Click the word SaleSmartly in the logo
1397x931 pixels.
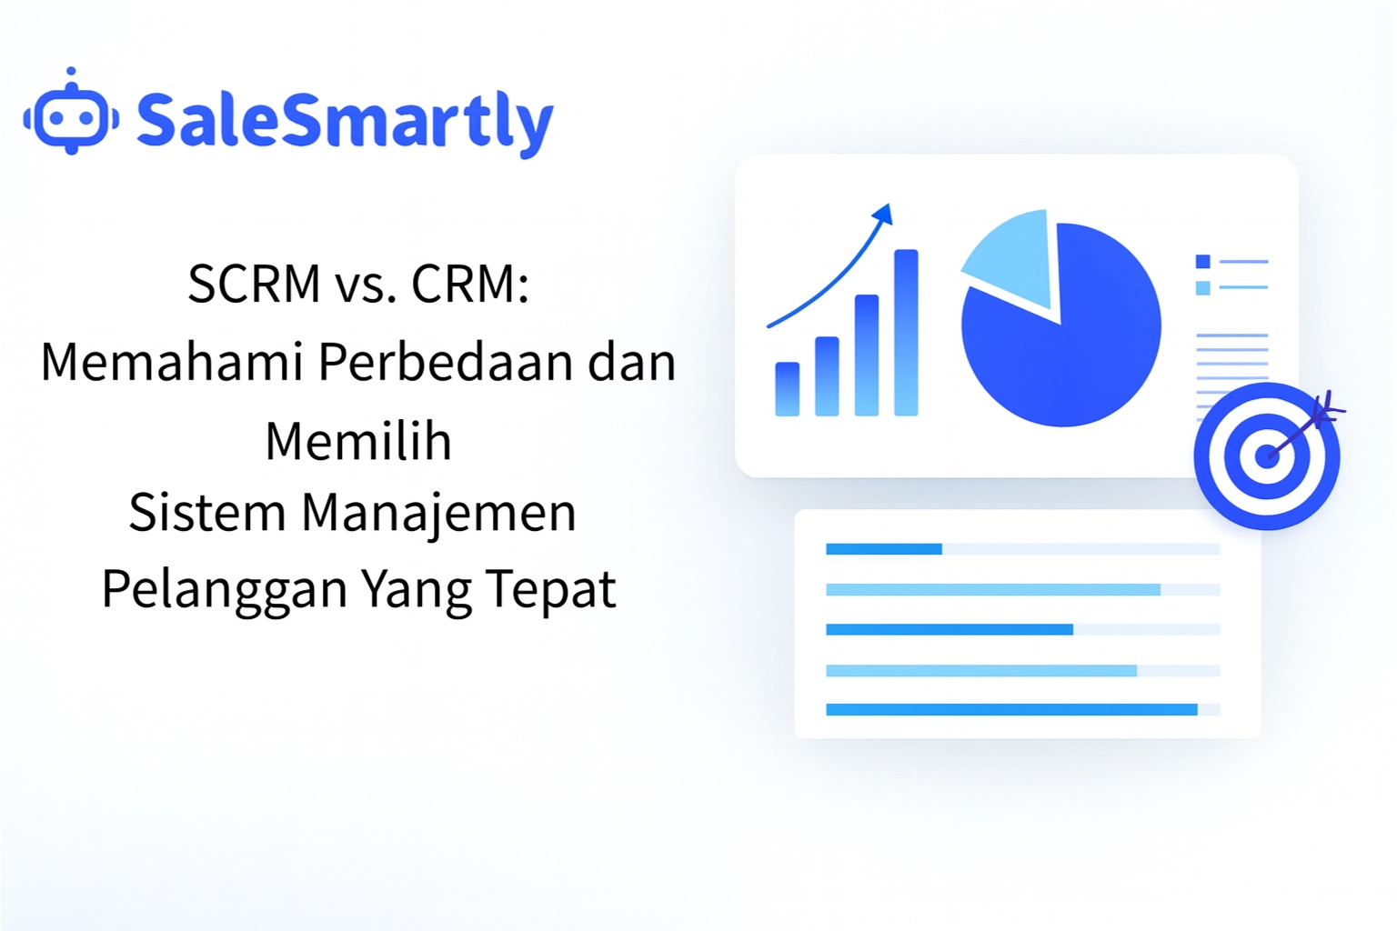pos(345,121)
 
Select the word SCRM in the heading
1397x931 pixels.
pos(254,284)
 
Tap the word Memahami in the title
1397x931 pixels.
pos(172,362)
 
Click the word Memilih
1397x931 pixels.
pos(358,442)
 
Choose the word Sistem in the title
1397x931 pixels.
pos(207,512)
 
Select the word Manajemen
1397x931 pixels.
pos(438,512)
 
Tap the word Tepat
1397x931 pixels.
pos(551,589)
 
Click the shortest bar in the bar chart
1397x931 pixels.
pos(787,389)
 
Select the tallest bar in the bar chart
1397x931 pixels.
pos(906,333)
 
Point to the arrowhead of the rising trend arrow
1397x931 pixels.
pos(883,215)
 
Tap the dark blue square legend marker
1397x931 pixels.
pos(1202,262)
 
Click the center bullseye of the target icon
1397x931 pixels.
pos(1266,455)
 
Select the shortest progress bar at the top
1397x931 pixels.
pos(883,549)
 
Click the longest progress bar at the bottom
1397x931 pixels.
pos(1010,710)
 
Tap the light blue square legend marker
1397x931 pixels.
pos(1202,288)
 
